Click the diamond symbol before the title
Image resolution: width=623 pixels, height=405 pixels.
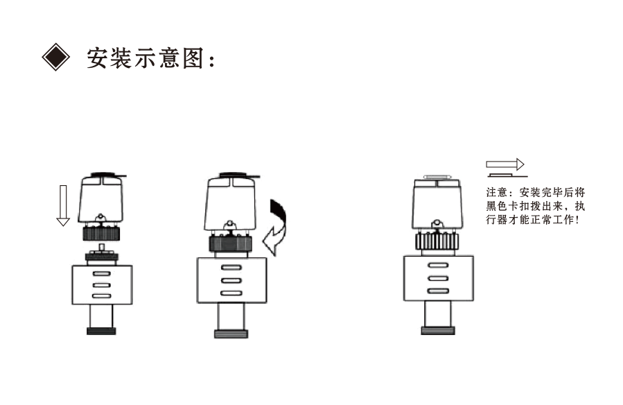56,58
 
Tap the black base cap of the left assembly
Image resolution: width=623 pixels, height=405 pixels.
101,330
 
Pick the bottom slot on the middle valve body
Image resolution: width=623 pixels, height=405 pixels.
231,293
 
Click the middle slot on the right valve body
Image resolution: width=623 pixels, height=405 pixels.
437,278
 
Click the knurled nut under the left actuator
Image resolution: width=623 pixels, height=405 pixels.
101,233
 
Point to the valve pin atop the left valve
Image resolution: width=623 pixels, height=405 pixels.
102,248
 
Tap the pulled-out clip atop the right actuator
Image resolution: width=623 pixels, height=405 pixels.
438,177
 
